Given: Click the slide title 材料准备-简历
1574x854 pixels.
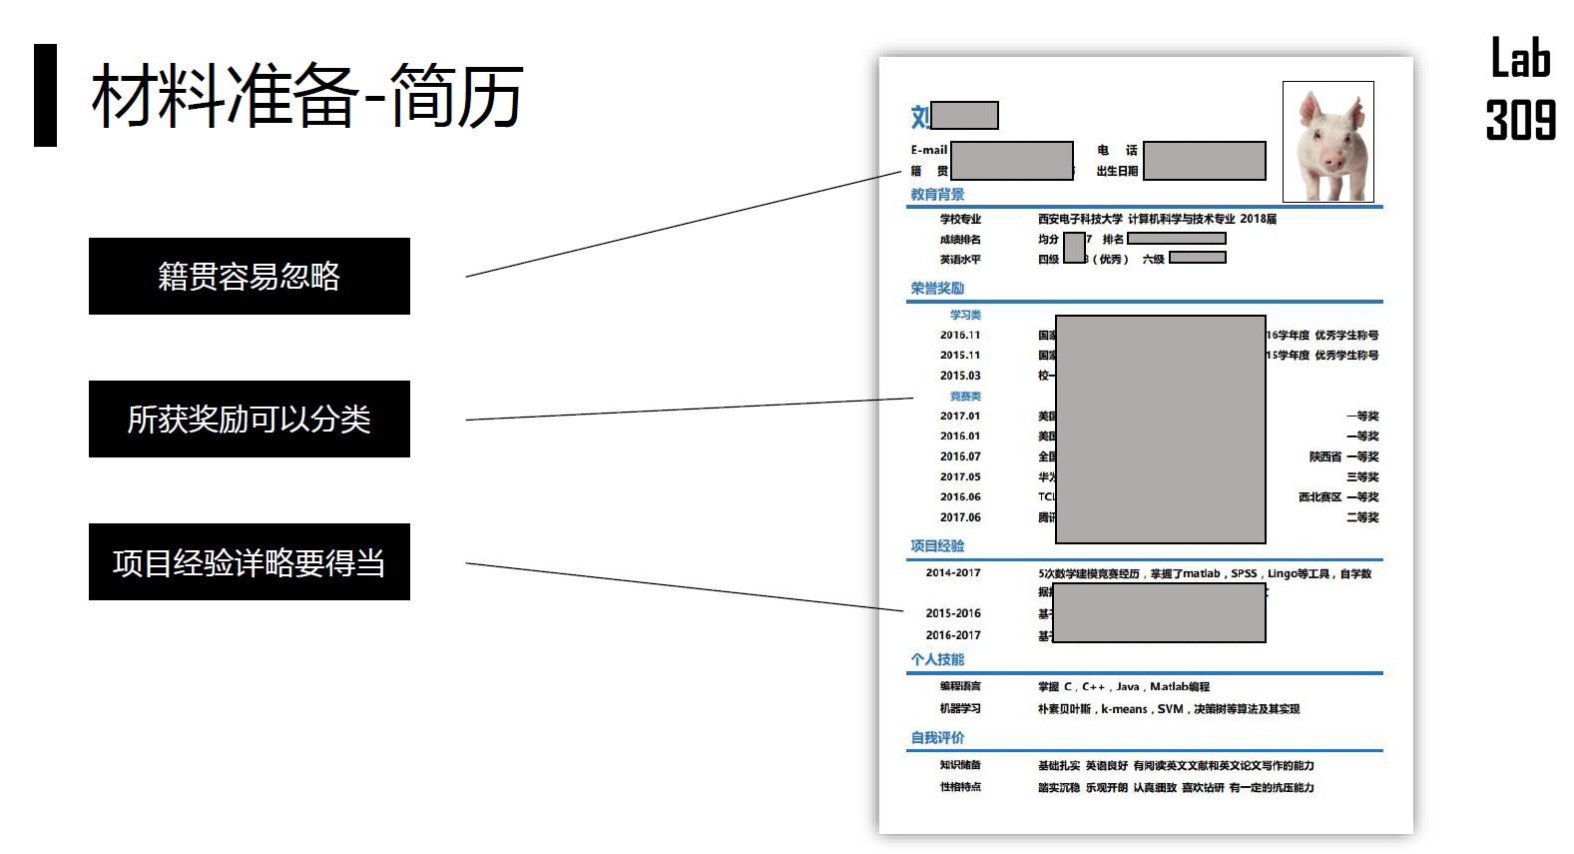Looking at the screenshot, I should click(x=306, y=96).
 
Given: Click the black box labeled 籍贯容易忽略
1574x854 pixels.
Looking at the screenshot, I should click(x=249, y=276).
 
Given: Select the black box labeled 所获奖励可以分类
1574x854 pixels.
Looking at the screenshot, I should click(x=249, y=419).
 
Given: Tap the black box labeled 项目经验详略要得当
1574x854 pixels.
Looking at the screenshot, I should click(x=249, y=561).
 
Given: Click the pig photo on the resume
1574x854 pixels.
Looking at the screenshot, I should click(x=1327, y=142).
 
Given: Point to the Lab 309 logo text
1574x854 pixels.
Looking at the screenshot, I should click(x=1520, y=89).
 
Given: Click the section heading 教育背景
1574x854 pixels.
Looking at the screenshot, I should click(x=937, y=194).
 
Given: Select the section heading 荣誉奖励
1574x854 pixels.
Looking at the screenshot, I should click(x=937, y=288).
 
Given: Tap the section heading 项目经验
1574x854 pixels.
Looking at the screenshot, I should click(x=937, y=545).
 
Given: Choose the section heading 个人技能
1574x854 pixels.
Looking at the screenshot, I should click(x=937, y=659).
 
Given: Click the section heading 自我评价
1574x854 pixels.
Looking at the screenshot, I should click(x=937, y=737).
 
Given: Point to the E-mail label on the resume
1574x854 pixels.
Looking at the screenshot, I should click(x=928, y=150).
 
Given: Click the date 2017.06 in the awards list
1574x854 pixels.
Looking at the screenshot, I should click(x=960, y=517).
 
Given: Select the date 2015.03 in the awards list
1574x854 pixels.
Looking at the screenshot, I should click(x=960, y=376).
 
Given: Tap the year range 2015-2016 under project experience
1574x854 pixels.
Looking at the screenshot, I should click(x=953, y=613).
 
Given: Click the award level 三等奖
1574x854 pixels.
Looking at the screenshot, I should click(x=1362, y=476).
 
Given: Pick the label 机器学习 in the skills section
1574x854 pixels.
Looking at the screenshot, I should click(x=960, y=708).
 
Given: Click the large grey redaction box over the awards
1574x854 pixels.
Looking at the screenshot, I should click(x=1160, y=428).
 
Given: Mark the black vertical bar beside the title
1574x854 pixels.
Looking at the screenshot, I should click(x=45, y=95).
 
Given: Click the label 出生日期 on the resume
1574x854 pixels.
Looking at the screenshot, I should click(x=1117, y=171).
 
